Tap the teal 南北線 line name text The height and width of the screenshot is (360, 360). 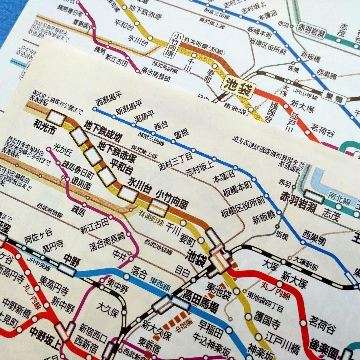339,197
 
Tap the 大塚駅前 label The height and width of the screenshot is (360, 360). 305,263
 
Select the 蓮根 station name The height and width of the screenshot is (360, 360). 180,135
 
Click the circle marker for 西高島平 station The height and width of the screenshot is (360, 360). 95,109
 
